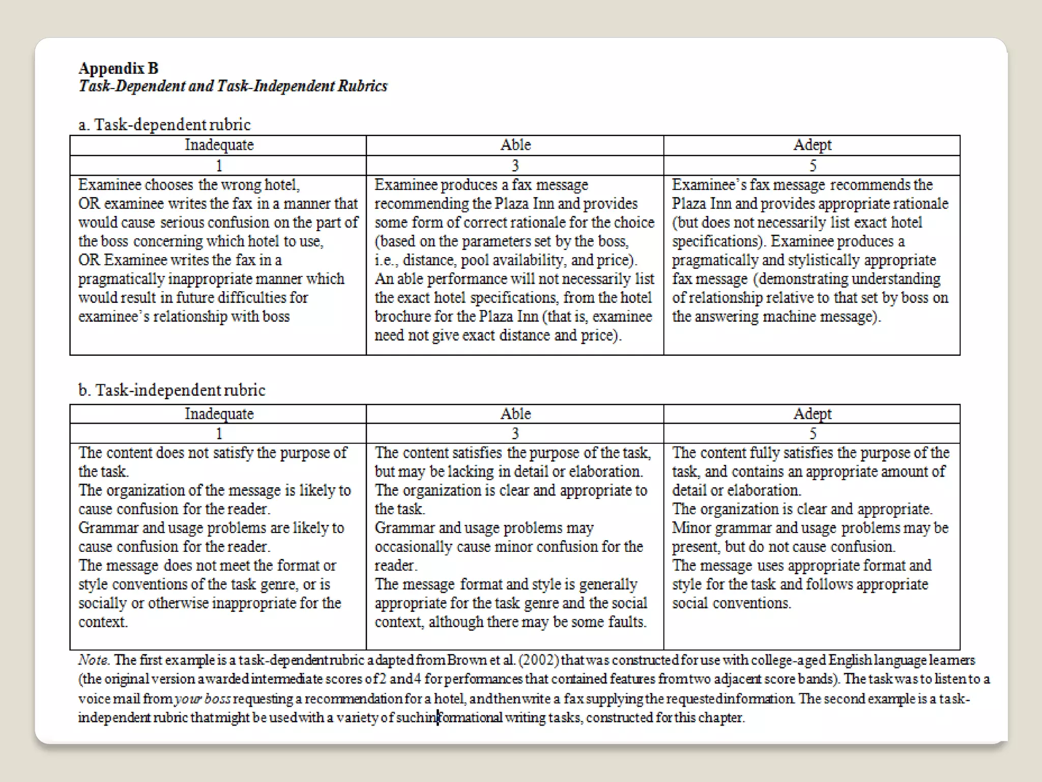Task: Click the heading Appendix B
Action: coord(119,68)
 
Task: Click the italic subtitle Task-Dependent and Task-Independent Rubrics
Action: coord(233,86)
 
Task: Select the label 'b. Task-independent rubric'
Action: coord(171,390)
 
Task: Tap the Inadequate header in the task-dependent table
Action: coord(219,145)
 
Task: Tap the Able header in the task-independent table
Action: coord(515,414)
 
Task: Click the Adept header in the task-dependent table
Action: coord(812,145)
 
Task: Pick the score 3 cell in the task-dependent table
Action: coord(515,165)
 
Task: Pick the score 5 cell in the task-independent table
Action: coord(813,434)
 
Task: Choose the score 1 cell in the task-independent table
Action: coord(219,434)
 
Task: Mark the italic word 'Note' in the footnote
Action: coord(93,660)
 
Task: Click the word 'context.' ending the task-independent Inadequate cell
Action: coord(102,622)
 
